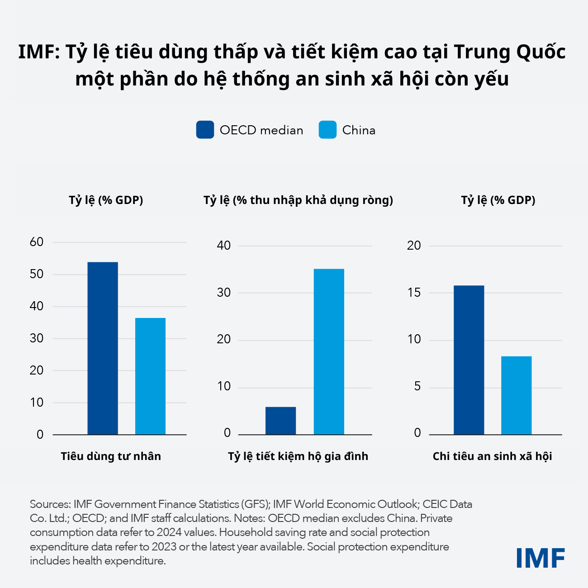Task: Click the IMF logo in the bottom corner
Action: tap(541, 558)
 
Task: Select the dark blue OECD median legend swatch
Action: tap(205, 130)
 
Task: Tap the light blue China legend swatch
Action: tap(327, 130)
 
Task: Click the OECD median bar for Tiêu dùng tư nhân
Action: tap(103, 348)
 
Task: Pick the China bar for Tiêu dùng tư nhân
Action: tap(150, 376)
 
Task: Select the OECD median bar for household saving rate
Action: tap(280, 421)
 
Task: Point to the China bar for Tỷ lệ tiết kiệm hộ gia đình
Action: tap(329, 352)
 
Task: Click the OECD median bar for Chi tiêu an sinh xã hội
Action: tap(469, 360)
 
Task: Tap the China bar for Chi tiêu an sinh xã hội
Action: tap(516, 395)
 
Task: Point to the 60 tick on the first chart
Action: tap(37, 242)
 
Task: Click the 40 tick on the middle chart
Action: tap(224, 246)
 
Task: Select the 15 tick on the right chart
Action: tap(414, 293)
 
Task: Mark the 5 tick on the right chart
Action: tap(417, 387)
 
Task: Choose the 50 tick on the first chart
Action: tap(37, 274)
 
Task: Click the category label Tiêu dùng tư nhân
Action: tap(111, 456)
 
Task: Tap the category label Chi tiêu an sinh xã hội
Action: tap(492, 456)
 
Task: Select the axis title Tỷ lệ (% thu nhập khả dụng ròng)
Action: tap(298, 200)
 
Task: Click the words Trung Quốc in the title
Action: tap(509, 52)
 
